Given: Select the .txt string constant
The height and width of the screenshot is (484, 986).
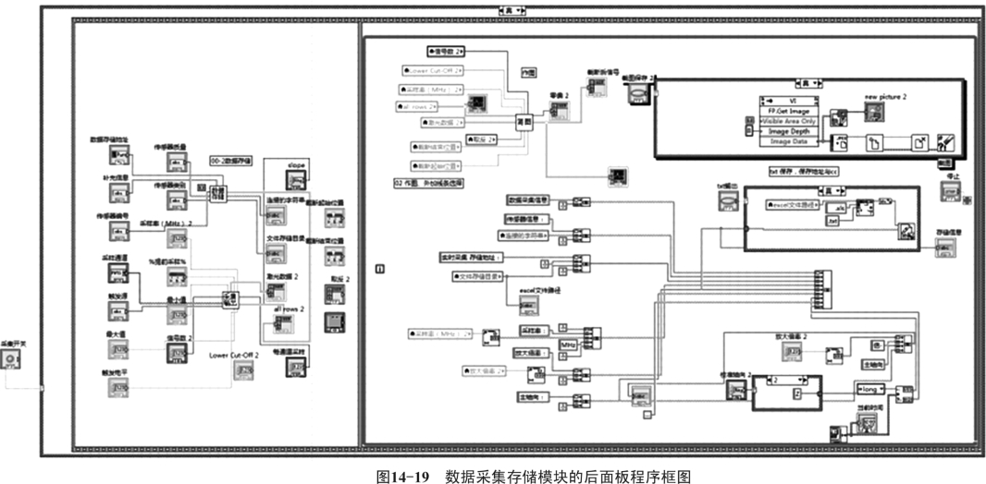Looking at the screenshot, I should point(834,221).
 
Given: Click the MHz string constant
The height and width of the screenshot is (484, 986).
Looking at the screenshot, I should point(567,345).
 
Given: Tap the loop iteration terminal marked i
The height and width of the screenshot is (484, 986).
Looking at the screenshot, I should point(379,268).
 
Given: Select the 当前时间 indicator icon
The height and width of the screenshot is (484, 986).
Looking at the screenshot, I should point(869,421).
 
